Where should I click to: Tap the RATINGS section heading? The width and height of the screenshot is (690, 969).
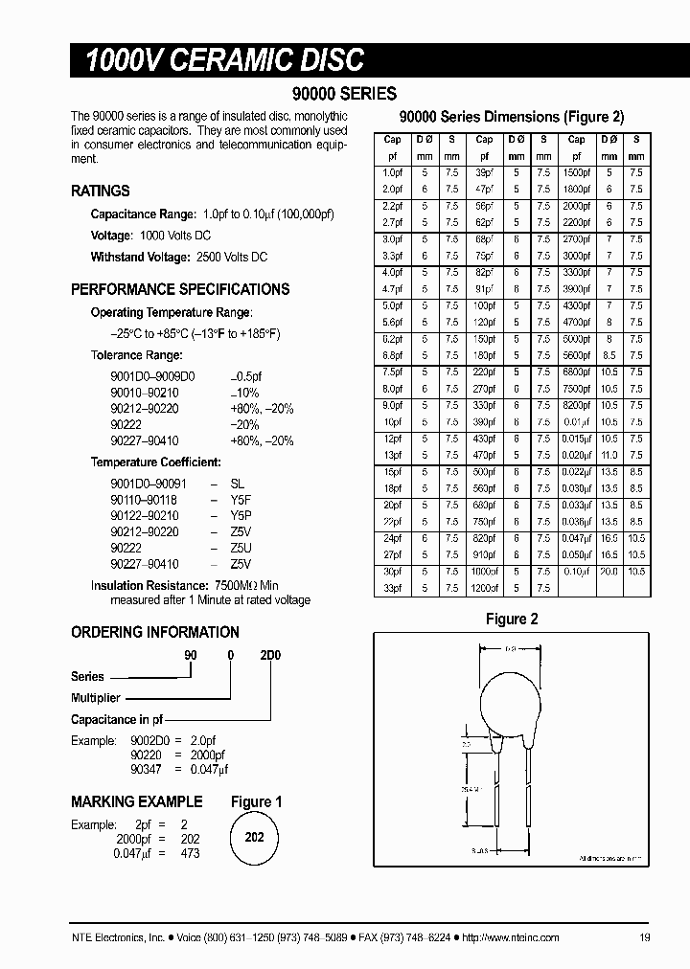(101, 191)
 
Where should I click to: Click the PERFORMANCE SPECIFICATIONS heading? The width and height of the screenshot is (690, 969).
(180, 289)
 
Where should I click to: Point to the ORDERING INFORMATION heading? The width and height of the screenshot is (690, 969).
(155, 632)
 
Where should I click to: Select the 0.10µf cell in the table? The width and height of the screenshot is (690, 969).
(577, 571)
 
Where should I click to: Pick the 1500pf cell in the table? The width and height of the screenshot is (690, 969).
(577, 172)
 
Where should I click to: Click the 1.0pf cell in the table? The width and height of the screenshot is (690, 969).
(392, 172)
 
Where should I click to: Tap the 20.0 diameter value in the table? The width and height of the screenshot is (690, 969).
(609, 571)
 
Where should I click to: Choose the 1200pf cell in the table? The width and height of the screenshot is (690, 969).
(484, 588)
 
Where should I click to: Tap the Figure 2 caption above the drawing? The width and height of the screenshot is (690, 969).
(512, 620)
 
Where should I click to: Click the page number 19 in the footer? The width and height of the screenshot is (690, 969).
(644, 937)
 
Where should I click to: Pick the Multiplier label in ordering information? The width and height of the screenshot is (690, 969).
(96, 698)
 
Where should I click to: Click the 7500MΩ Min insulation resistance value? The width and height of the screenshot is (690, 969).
(245, 585)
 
